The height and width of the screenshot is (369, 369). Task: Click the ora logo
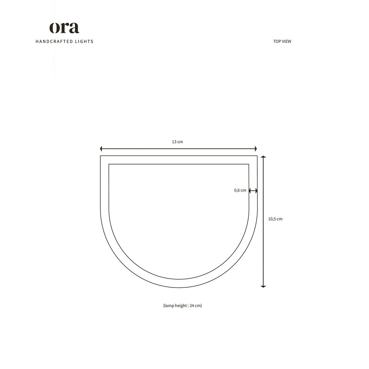click(x=64, y=28)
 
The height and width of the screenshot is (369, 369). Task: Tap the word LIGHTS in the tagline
click(x=84, y=41)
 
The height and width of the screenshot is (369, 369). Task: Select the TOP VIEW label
click(x=282, y=41)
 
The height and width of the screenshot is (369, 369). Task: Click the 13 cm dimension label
click(x=177, y=142)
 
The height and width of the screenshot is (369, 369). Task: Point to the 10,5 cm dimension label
click(x=275, y=219)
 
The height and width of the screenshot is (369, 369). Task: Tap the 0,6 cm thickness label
click(x=240, y=190)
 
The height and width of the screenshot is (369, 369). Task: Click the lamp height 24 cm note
click(x=182, y=306)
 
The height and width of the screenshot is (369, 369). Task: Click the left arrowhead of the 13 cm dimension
click(x=101, y=148)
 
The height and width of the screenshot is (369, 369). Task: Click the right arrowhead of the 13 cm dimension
click(x=255, y=148)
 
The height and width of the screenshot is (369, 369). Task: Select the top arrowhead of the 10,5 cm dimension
click(x=263, y=157)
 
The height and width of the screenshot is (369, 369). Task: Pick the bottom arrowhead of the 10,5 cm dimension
click(x=263, y=286)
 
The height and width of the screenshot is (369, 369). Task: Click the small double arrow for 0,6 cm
click(x=253, y=191)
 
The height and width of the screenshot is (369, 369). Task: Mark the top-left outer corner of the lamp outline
click(x=101, y=156)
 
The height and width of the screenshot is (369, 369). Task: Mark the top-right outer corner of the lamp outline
click(x=257, y=156)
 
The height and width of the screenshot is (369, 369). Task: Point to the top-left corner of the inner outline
click(x=109, y=164)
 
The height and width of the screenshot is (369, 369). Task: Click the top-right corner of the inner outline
click(x=249, y=164)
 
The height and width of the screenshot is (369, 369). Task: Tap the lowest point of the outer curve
click(x=179, y=288)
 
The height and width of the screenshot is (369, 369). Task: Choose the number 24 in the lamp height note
click(x=192, y=306)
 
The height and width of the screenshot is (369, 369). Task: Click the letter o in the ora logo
click(x=54, y=28)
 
